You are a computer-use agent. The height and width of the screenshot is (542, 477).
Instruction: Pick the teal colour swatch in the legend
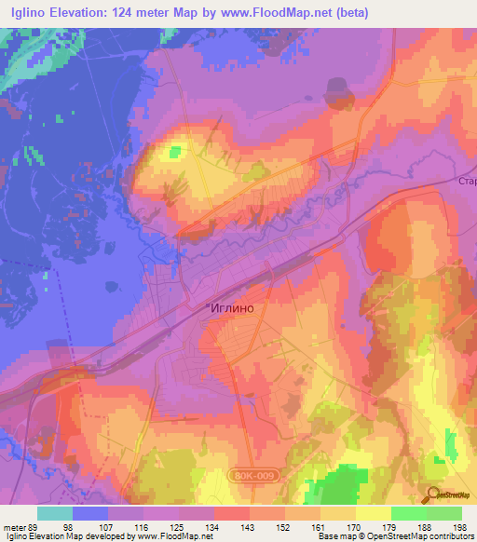[55, 513]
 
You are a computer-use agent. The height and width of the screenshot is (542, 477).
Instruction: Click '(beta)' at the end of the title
[357, 13]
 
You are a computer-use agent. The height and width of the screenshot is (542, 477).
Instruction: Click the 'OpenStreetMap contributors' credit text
[422, 536]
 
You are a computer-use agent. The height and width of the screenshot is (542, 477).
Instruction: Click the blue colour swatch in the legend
[90, 513]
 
